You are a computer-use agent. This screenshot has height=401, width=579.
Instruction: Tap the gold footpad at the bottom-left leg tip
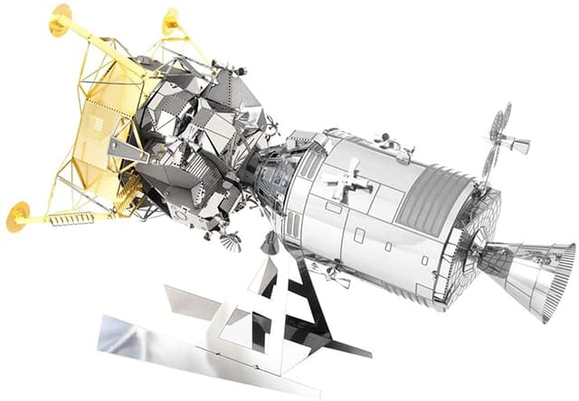(18, 216)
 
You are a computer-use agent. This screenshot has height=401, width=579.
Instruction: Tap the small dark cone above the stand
(270, 242)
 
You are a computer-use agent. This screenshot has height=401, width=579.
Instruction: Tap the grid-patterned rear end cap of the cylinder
(475, 239)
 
